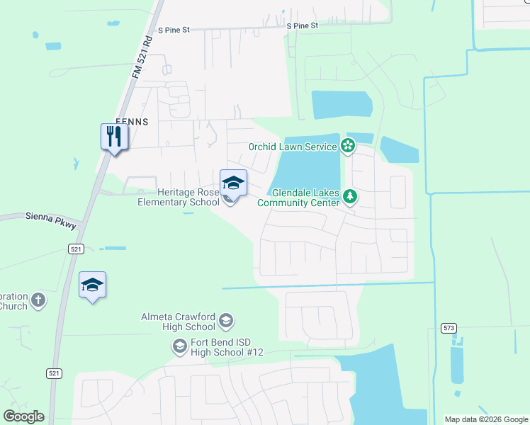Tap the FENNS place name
[x=132, y=122]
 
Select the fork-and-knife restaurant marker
[x=114, y=135]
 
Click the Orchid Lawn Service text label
[x=293, y=147]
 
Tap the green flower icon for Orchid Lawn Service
[x=347, y=146]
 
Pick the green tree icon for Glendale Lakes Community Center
[x=349, y=196]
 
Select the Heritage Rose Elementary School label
[x=179, y=197]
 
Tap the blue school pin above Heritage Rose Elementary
[x=233, y=183]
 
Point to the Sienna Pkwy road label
[x=50, y=220]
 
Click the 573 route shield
[x=449, y=328]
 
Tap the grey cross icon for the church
[x=38, y=300]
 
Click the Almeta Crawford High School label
[x=180, y=322]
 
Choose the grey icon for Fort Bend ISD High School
[x=179, y=346]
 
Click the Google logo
[x=24, y=416]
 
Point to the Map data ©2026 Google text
[x=486, y=419]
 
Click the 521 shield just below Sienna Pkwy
[x=77, y=249]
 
